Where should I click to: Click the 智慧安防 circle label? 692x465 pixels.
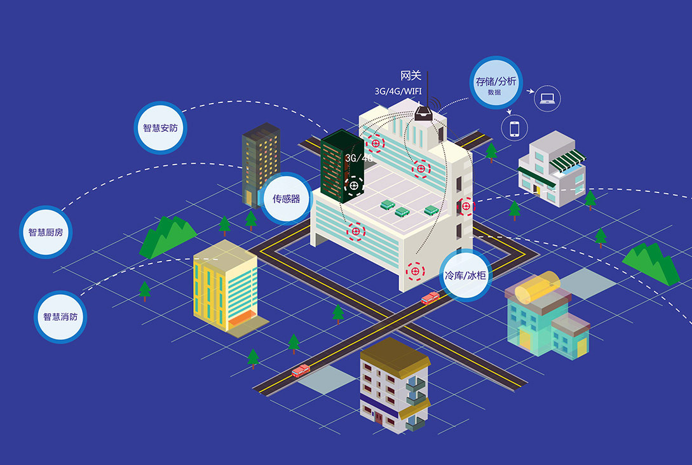click(x=160, y=128)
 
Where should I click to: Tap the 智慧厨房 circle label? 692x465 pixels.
click(x=46, y=232)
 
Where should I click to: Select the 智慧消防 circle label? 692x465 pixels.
click(x=60, y=316)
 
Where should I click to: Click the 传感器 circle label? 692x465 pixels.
click(x=286, y=198)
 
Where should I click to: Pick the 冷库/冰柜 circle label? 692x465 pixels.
click(x=465, y=276)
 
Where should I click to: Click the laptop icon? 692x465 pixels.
click(x=546, y=98)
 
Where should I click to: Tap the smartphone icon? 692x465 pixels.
click(x=514, y=128)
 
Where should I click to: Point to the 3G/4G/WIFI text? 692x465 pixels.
click(x=398, y=91)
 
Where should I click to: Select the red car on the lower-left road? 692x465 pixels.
click(x=301, y=370)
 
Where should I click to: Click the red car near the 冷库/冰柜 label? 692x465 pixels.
click(x=430, y=298)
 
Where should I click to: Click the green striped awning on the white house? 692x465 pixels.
click(x=566, y=159)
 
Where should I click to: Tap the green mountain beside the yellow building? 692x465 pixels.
click(x=166, y=236)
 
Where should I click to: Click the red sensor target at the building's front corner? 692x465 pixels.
click(x=416, y=271)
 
